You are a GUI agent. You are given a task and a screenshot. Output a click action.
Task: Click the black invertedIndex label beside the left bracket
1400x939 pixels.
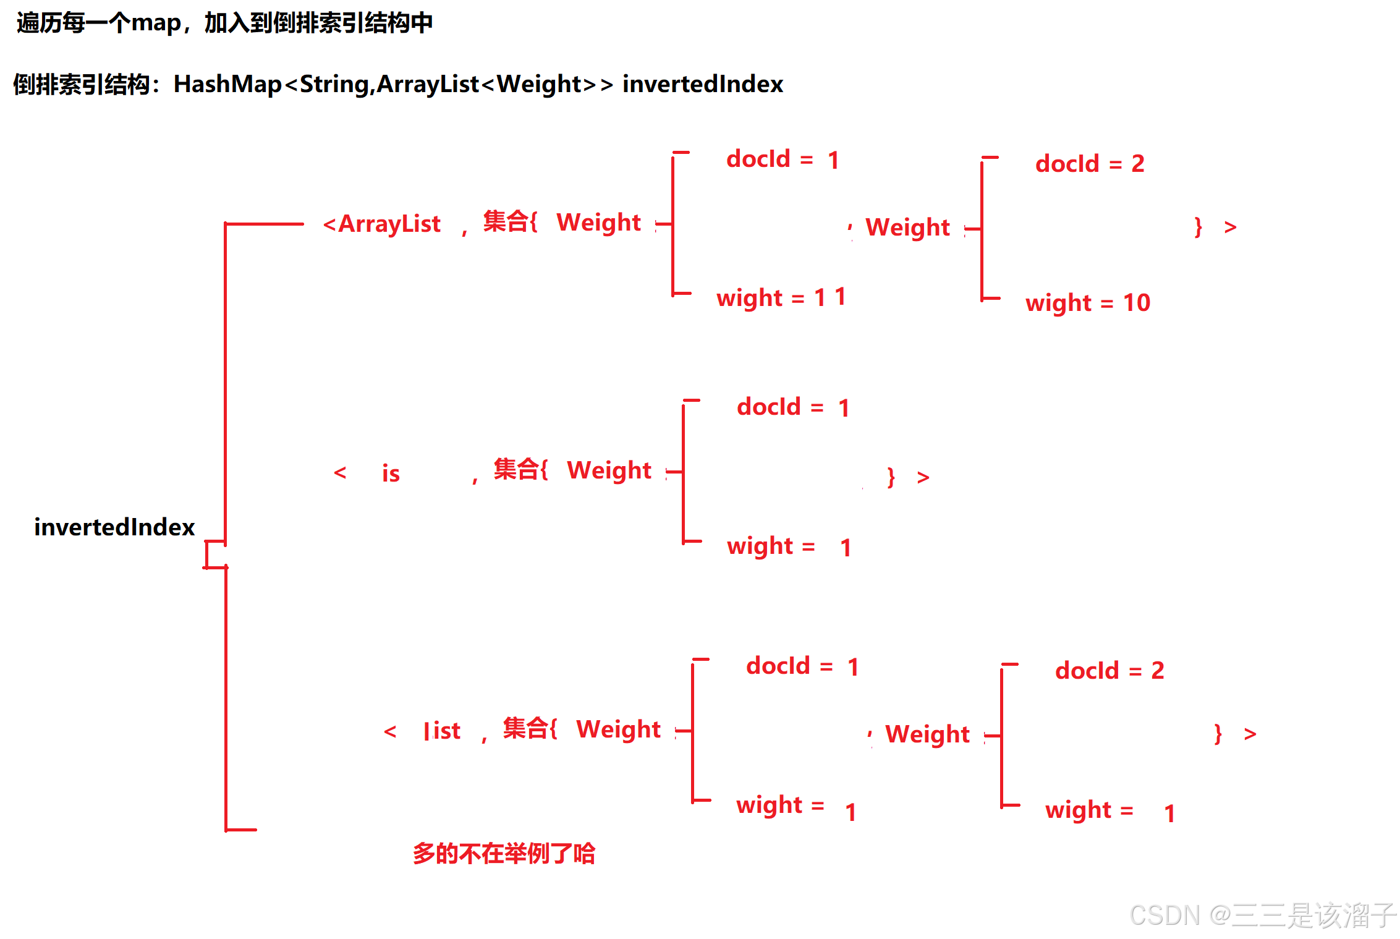pyautogui.click(x=114, y=527)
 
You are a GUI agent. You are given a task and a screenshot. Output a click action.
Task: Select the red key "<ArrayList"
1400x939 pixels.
pyautogui.click(x=382, y=224)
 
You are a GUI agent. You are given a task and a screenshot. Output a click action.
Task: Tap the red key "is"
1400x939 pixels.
pyautogui.click(x=391, y=474)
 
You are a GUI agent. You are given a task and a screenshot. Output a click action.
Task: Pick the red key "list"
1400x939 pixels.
pyautogui.click(x=443, y=731)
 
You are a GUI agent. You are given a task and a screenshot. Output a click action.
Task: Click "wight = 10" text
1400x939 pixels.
pyautogui.click(x=1087, y=303)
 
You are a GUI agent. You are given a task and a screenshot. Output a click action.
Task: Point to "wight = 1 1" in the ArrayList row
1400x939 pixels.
pyautogui.click(x=781, y=298)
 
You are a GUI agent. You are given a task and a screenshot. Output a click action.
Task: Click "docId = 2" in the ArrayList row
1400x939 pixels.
pyautogui.click(x=1090, y=164)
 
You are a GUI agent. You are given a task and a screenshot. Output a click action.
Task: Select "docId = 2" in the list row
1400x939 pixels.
pyautogui.click(x=1109, y=671)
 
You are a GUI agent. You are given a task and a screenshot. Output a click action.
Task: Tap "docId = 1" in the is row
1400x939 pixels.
pyautogui.click(x=793, y=407)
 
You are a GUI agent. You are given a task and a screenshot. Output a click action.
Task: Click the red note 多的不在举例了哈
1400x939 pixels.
pyautogui.click(x=504, y=854)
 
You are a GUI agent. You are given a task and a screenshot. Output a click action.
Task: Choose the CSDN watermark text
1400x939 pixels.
pyautogui.click(x=1261, y=916)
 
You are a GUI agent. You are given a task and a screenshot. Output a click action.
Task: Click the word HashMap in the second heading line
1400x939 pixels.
pyautogui.click(x=227, y=84)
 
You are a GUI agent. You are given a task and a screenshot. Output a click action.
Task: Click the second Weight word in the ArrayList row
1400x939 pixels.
pyautogui.click(x=907, y=227)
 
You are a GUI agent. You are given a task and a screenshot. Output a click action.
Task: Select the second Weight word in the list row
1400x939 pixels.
pyautogui.click(x=927, y=734)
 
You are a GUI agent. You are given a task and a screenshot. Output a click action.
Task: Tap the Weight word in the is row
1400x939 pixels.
pyautogui.click(x=609, y=470)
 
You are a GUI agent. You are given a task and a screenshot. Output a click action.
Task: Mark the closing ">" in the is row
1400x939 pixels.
pyautogui.click(x=923, y=477)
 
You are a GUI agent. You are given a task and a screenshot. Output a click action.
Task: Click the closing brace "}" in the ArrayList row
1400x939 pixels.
pyautogui.click(x=1198, y=227)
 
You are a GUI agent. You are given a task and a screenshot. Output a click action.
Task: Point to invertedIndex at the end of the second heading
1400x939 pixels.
pyautogui.click(x=703, y=84)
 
